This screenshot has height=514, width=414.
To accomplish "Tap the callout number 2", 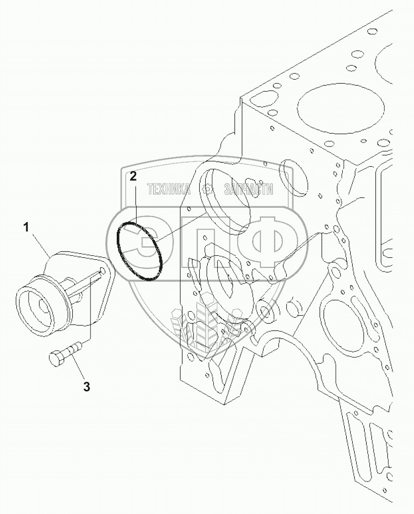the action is (133, 177).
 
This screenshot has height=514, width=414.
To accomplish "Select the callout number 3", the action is (87, 387).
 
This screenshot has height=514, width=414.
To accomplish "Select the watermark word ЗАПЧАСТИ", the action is (248, 189).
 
